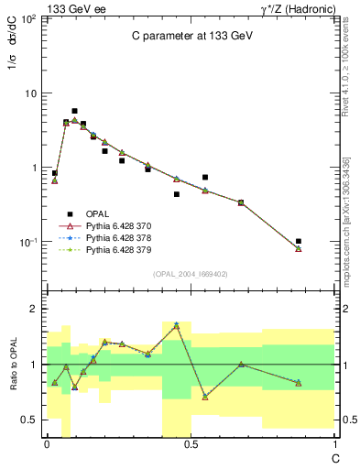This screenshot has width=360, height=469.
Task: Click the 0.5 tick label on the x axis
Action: (x=190, y=444)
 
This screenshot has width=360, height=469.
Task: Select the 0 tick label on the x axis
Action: (x=47, y=444)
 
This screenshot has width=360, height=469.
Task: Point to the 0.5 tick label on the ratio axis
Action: (x=27, y=420)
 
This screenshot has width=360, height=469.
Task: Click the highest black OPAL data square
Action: (x=74, y=111)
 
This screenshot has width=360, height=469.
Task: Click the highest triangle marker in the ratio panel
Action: (x=176, y=325)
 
